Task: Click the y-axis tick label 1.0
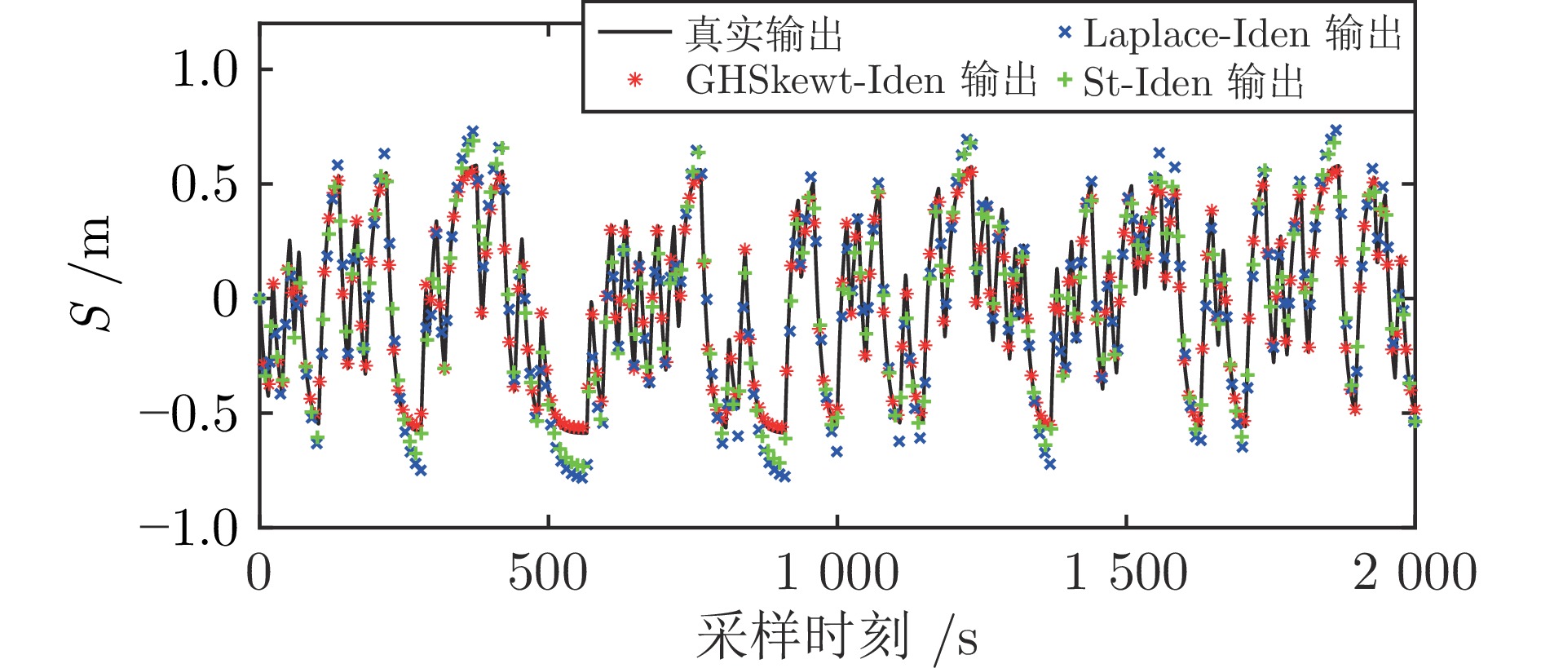(x=204, y=69)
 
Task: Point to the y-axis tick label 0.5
(x=204, y=184)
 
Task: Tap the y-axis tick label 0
(x=225, y=299)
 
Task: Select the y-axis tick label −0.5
(x=189, y=414)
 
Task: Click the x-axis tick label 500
(x=547, y=573)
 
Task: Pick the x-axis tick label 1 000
(x=837, y=573)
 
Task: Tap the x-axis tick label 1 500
(x=1126, y=573)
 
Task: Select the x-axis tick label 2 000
(x=1415, y=573)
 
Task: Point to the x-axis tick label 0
(x=258, y=573)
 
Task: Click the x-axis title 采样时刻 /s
(x=837, y=637)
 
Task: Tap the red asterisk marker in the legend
(x=634, y=80)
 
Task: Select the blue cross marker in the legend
(x=1064, y=33)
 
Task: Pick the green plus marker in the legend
(x=1064, y=80)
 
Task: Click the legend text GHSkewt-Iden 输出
(x=861, y=80)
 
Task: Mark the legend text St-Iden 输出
(x=1193, y=82)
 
